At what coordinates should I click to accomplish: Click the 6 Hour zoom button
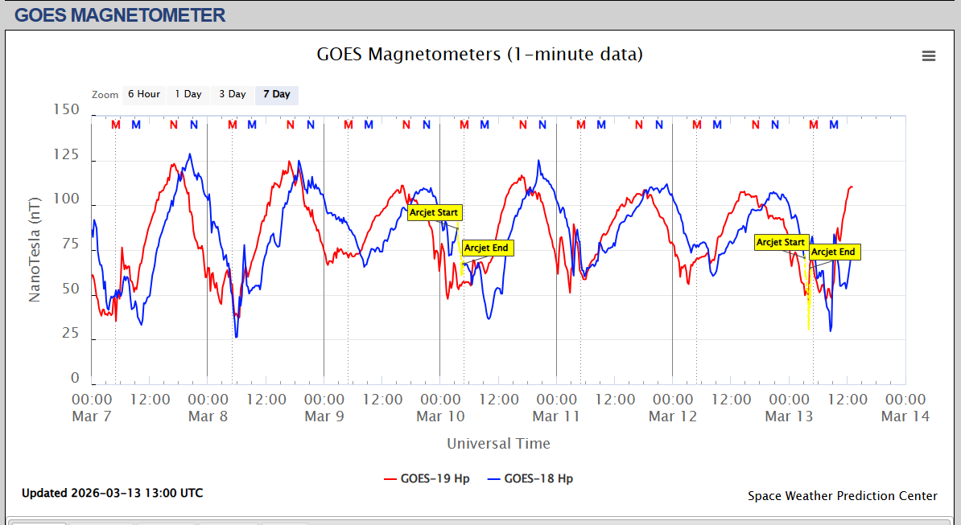coord(144,94)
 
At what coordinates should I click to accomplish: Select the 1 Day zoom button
coord(188,94)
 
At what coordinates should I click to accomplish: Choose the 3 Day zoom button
coord(233,94)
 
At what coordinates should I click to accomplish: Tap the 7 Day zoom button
coord(276,94)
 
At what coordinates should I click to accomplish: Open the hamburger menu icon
coord(929,55)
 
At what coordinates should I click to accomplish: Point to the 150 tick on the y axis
coord(65,110)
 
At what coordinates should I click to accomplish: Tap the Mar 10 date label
coord(440,416)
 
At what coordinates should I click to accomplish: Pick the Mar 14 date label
coord(905,416)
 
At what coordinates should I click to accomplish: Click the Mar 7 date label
coord(92,416)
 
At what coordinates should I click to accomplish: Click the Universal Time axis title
coord(498,444)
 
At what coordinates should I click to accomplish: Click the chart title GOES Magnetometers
coord(480,55)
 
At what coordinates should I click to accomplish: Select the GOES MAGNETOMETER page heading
coord(120,14)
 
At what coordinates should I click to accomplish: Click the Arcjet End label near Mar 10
coord(487,248)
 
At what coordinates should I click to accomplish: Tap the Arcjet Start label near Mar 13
coord(781,242)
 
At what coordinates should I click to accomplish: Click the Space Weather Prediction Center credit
coord(842,496)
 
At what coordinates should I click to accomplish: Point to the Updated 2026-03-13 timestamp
coord(112,493)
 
